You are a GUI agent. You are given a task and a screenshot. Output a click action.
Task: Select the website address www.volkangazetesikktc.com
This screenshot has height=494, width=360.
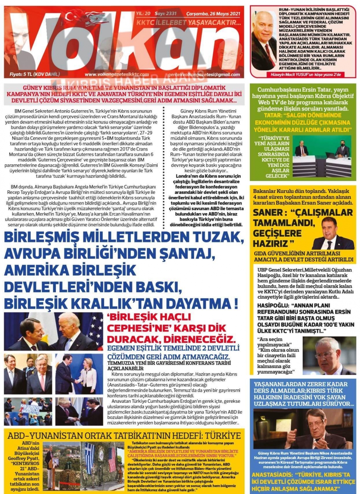point(117,75)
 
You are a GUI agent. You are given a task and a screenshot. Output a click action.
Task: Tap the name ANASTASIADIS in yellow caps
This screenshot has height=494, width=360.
point(271,475)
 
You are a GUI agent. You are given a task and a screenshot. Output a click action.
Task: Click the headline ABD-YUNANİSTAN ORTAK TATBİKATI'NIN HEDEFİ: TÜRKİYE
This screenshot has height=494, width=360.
point(124,435)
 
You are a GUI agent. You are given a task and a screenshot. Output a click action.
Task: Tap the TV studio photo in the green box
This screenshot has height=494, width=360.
point(322,156)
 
